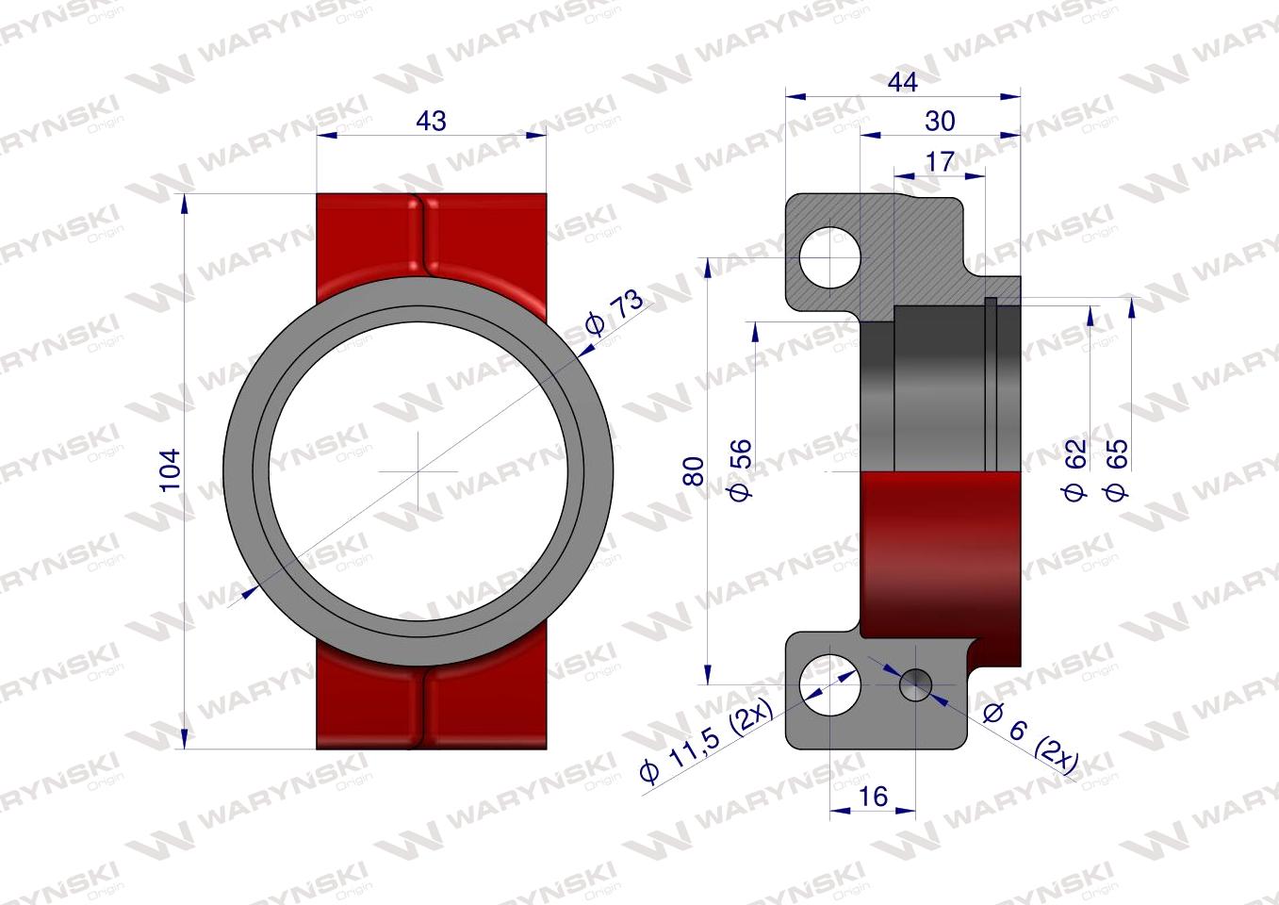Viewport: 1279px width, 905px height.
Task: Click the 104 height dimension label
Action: pos(171,470)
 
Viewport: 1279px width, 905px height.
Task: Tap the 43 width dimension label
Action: pos(431,121)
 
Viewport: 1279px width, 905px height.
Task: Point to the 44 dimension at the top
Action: pos(902,82)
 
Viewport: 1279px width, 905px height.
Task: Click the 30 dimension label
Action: pos(940,121)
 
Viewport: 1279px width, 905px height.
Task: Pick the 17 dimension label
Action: pos(940,161)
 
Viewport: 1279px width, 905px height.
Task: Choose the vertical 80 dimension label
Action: pos(694,471)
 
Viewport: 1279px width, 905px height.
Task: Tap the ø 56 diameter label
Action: pos(741,469)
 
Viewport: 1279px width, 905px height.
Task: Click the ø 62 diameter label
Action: pos(1074,469)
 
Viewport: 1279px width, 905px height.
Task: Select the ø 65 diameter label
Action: pos(1116,469)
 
